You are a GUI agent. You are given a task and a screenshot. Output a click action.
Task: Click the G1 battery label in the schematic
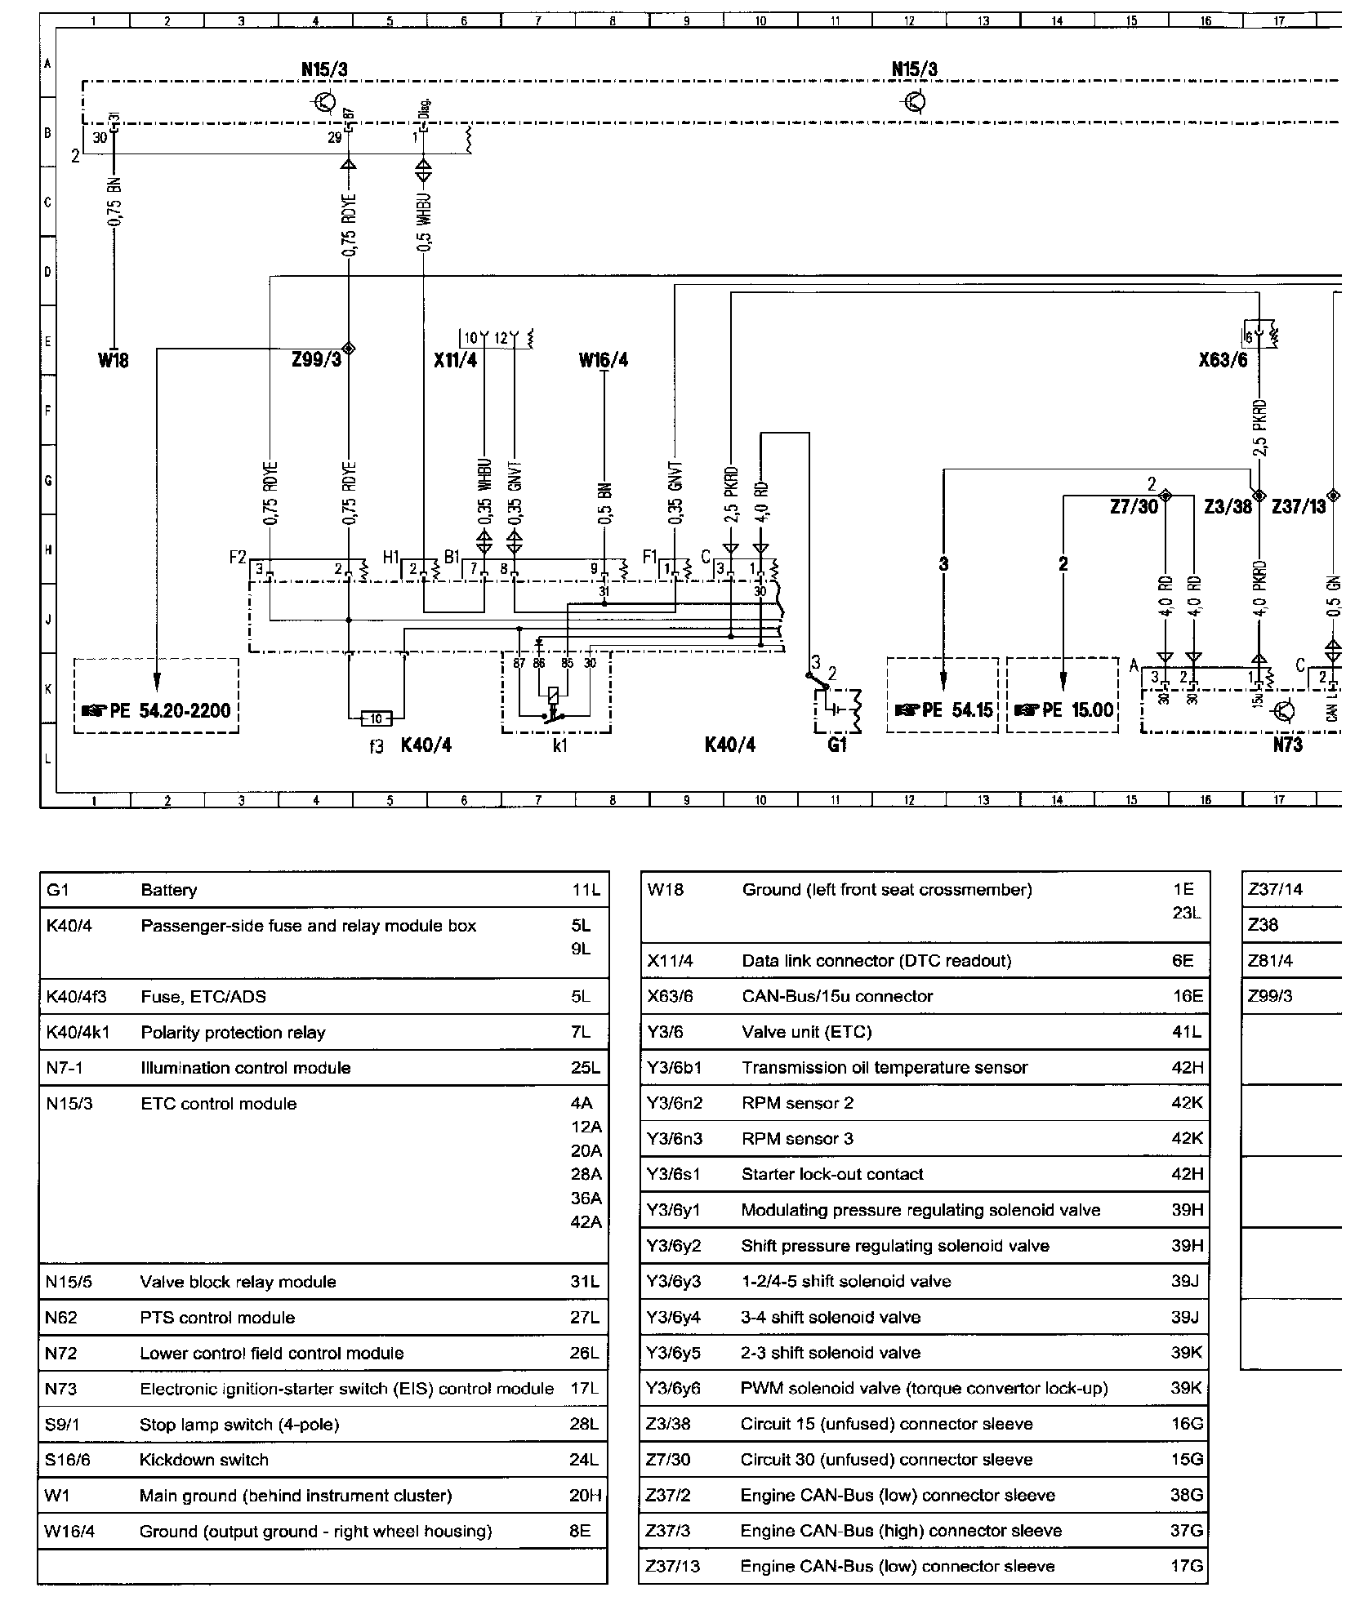(837, 745)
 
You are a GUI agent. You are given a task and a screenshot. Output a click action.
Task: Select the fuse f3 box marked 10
(377, 718)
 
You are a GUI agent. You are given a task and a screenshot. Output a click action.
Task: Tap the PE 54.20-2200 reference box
(156, 709)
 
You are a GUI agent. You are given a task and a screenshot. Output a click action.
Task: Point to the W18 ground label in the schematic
(114, 360)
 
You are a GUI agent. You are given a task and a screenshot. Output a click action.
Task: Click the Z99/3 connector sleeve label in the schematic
(316, 360)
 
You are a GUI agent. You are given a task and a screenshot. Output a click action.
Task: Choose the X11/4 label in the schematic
(455, 360)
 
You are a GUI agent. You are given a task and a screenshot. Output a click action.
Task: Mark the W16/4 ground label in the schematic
(604, 360)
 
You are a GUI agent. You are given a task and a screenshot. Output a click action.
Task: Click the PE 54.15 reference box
(943, 709)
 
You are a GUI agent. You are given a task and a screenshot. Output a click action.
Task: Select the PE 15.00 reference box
(1063, 709)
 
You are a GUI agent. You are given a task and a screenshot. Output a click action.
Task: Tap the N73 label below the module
(1287, 745)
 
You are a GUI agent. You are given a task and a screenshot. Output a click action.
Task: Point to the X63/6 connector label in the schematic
(1223, 360)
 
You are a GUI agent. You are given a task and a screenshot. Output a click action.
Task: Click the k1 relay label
(559, 745)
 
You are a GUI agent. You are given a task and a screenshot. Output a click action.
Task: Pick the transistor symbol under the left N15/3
(325, 102)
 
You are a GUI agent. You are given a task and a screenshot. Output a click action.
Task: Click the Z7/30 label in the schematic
(1134, 507)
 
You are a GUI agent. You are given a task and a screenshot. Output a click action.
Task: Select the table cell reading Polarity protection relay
(233, 1033)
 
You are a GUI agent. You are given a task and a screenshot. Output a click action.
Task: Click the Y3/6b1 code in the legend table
(674, 1068)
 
